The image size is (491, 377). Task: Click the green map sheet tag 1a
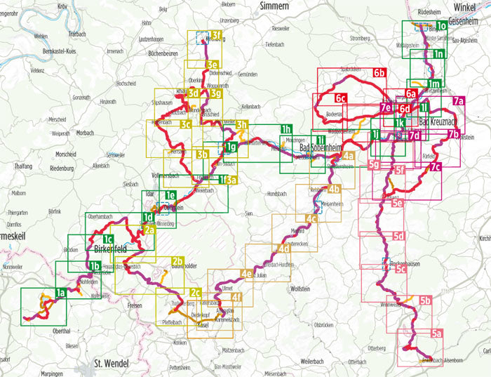[60, 293]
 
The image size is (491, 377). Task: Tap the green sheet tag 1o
[441, 26]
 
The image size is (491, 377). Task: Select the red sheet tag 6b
[379, 73]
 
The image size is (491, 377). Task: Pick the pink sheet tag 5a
[436, 334]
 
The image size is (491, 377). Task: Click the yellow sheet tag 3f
[216, 35]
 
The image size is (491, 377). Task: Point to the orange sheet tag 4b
[334, 188]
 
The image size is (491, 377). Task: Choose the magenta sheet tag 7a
[458, 102]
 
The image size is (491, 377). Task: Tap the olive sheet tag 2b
[177, 261]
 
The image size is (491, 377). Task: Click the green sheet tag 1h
[285, 129]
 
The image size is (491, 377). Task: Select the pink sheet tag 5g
[374, 166]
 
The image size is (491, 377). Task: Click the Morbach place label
[85, 132]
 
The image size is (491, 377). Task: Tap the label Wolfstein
[300, 289]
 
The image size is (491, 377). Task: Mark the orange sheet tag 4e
[246, 273]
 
